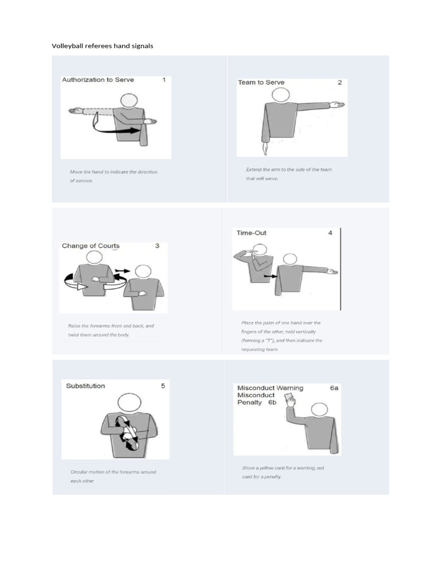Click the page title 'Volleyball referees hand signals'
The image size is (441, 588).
[103, 45]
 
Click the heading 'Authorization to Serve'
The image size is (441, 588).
[98, 80]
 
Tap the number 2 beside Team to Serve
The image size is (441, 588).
[339, 82]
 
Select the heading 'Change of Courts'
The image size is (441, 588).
[91, 246]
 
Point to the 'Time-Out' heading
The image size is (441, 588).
[252, 233]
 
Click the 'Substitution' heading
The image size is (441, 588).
[86, 386]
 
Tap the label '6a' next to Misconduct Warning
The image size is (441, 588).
[334, 388]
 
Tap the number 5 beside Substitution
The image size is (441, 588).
[163, 386]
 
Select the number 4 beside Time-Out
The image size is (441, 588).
[330, 233]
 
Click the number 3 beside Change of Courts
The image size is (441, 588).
[157, 246]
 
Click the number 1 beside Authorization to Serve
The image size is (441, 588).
[164, 80]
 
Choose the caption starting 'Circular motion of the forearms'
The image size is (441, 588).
[113, 476]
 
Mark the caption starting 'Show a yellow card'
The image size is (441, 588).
[283, 473]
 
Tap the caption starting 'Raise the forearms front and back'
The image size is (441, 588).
[111, 330]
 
